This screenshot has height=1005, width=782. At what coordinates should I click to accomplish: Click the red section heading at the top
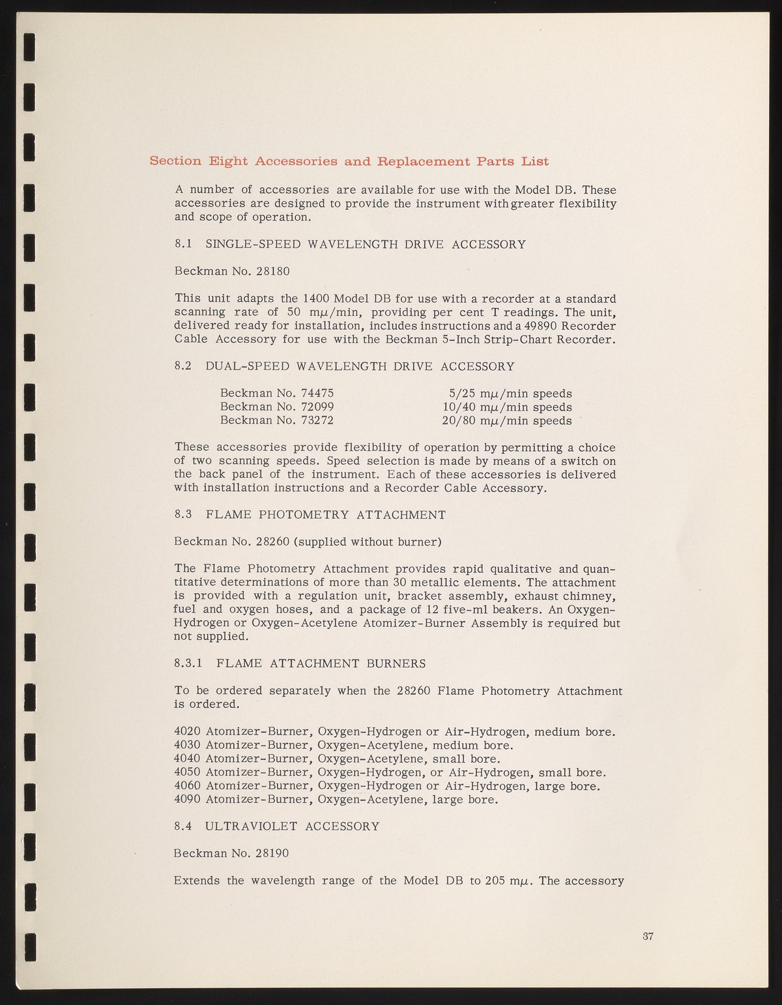point(349,161)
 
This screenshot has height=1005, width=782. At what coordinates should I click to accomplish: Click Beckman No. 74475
point(277,394)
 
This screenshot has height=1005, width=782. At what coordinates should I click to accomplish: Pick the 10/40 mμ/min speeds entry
point(506,407)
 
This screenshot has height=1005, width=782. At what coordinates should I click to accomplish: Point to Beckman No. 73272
point(277,420)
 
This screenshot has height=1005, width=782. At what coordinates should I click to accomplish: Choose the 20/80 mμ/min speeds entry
point(506,421)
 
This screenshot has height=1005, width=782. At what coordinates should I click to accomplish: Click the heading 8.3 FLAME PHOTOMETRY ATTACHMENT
point(310,515)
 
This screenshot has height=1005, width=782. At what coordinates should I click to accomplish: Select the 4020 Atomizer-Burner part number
point(188,731)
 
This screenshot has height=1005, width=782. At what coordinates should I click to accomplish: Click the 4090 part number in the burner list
point(188,799)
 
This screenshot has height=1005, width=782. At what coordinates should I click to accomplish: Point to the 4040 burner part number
point(188,759)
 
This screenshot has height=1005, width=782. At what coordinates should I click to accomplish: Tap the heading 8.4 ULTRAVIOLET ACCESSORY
point(277,826)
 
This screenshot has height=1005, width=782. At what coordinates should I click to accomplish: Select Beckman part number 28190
point(272,853)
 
